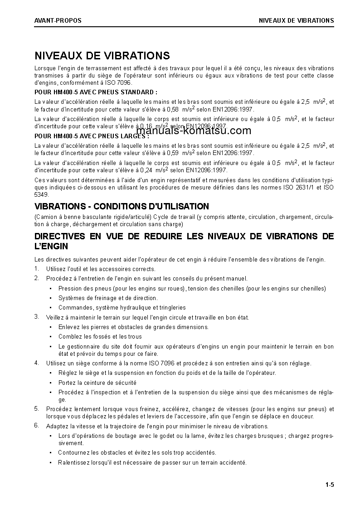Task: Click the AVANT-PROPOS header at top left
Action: click(58, 20)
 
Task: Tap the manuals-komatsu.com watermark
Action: click(193, 131)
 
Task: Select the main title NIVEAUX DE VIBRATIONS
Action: click(102, 56)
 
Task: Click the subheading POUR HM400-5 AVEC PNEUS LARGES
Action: click(92, 136)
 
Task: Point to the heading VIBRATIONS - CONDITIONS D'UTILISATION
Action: click(122, 207)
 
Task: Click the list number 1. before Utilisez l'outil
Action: click(37, 269)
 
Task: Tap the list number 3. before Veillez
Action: click(37, 317)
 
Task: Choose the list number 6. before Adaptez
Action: click(37, 425)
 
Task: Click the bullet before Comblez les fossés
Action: click(50, 337)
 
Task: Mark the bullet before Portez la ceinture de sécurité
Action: click(50, 383)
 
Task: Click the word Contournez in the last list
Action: click(73, 453)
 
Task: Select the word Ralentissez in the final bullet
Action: click(73, 463)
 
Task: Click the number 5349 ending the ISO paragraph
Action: click(41, 194)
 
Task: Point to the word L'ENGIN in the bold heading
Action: click(51, 247)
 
